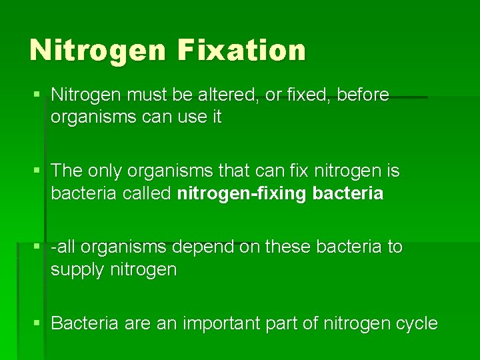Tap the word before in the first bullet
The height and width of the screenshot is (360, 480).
click(x=363, y=95)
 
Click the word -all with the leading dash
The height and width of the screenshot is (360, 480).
click(x=65, y=247)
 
